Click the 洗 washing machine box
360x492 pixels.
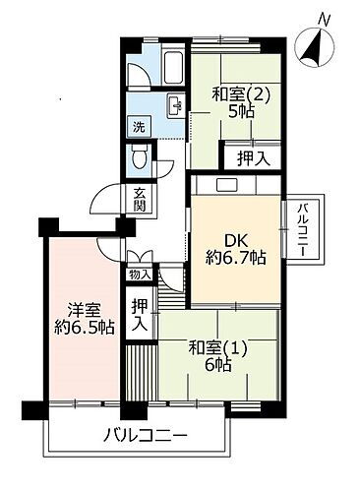click(x=140, y=127)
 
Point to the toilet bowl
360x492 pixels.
click(x=141, y=156)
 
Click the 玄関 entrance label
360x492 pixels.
click(x=140, y=200)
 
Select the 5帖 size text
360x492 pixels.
click(x=239, y=112)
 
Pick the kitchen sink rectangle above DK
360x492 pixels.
click(x=225, y=184)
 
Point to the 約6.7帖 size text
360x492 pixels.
click(x=235, y=259)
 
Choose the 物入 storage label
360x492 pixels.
click(x=140, y=276)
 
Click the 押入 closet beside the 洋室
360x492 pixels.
click(x=140, y=312)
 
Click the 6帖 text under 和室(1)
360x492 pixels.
click(x=218, y=364)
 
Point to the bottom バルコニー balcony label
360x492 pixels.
click(x=145, y=435)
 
